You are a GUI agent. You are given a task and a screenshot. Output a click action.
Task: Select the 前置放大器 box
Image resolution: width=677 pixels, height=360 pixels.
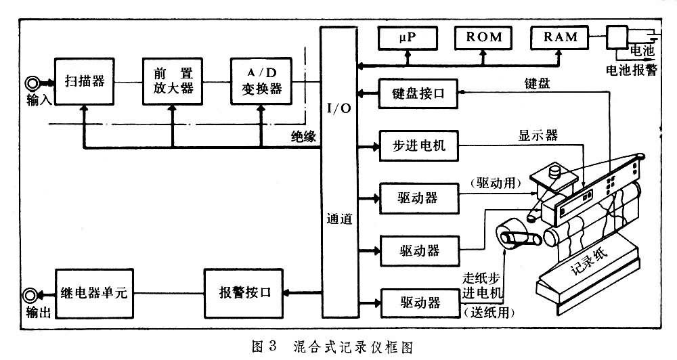172,81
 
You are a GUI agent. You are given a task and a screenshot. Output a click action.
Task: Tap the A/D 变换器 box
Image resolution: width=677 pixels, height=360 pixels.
261,81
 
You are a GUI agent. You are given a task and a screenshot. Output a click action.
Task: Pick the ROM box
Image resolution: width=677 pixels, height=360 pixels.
483,37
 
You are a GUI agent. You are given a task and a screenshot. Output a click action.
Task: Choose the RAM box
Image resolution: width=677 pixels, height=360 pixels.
560,37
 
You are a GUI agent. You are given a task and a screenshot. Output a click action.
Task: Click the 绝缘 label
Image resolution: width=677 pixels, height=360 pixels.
300,137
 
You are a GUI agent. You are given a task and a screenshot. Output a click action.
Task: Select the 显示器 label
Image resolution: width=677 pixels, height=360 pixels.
542,135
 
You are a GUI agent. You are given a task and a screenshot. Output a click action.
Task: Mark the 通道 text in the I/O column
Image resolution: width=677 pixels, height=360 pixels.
339,220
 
